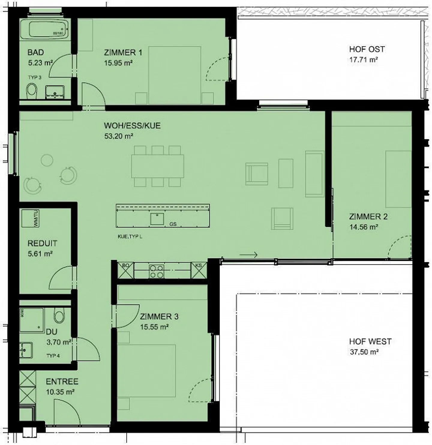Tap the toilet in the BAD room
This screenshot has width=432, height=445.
coord(31,91)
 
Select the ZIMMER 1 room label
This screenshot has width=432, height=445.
coord(123,53)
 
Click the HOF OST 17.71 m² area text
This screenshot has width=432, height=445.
coord(363,60)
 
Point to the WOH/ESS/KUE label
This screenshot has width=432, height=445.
coord(132,125)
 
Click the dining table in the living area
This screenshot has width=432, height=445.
coord(157,166)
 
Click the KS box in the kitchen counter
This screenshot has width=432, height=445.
coord(199,270)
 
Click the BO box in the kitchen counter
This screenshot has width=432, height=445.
coord(126,270)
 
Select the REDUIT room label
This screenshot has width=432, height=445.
coord(42,243)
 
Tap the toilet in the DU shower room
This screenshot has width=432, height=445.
coord(59,316)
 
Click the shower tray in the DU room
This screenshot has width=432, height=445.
coord(31,320)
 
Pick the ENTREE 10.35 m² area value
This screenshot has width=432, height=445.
coord(60,392)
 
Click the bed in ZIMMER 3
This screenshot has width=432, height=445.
coord(146,371)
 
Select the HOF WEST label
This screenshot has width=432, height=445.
coord(370,341)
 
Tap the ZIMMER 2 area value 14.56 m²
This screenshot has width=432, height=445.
coord(363,227)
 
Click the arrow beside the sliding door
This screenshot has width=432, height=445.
coord(249,255)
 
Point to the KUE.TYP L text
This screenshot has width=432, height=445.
coord(130,236)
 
